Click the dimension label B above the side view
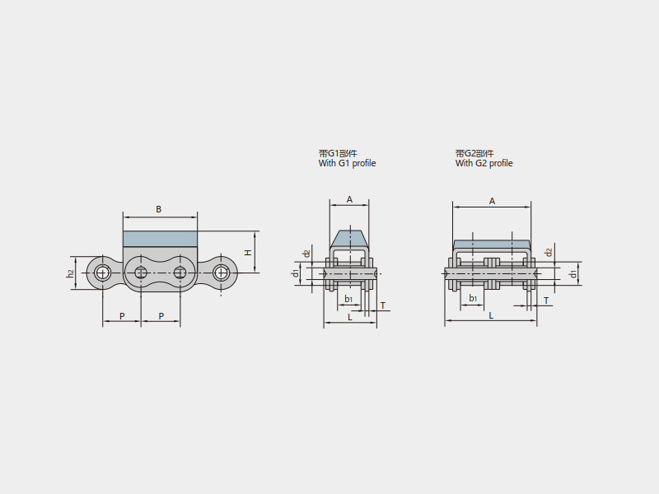[158, 209]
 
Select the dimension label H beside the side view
[249, 253]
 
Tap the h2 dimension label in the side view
[71, 273]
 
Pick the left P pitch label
[122, 316]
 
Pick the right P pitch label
[161, 316]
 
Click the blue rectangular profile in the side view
[160, 239]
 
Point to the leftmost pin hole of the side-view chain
[100, 273]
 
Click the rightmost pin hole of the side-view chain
[220, 273]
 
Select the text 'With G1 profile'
[347, 163]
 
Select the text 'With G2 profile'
[484, 163]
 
